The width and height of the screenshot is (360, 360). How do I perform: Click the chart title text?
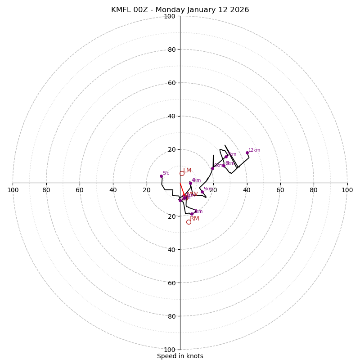(180, 10)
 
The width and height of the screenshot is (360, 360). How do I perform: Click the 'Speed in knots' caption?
(180, 356)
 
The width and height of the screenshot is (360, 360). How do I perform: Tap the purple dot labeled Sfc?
(161, 176)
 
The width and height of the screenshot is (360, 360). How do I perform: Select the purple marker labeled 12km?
(247, 153)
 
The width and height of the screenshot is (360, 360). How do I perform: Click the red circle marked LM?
(182, 173)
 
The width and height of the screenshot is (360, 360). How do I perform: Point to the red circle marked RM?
(189, 222)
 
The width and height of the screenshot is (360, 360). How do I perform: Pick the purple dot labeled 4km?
(190, 183)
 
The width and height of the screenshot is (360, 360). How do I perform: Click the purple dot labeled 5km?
(202, 192)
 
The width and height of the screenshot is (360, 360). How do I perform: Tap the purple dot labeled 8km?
(224, 166)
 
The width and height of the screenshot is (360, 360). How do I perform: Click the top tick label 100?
(170, 16)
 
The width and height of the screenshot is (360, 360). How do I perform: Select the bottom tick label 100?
(170, 350)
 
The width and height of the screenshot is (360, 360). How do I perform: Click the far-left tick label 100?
(13, 190)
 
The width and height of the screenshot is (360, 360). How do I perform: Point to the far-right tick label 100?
(347, 190)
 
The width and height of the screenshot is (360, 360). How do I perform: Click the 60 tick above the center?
(171, 83)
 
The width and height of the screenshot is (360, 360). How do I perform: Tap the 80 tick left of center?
(46, 190)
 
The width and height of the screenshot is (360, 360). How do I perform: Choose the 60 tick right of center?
(280, 190)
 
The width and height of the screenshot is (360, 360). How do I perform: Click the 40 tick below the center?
(171, 250)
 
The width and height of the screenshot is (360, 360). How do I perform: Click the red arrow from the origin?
(182, 189)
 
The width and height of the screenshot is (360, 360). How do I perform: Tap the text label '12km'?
(254, 150)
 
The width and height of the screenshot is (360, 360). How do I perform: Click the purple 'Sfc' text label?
(166, 173)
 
